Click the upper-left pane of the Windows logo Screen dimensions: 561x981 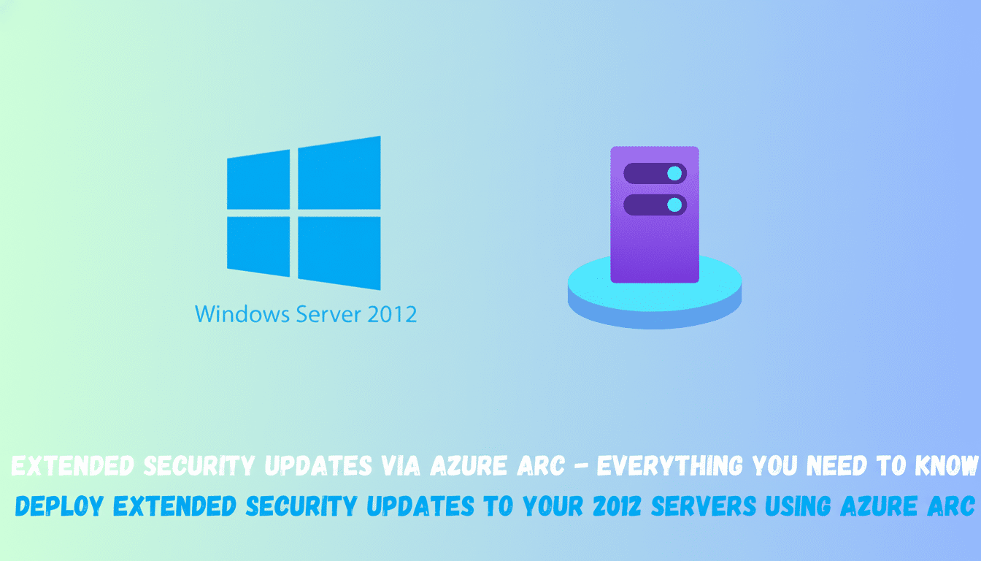(258, 179)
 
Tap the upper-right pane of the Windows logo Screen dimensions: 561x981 (339, 173)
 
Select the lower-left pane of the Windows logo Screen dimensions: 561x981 (258, 245)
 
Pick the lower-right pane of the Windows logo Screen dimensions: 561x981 (339, 252)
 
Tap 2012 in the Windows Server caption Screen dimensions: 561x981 (392, 315)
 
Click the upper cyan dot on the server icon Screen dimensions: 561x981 (674, 173)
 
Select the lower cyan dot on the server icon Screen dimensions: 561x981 (674, 205)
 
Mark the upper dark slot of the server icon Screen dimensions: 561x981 (646, 173)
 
